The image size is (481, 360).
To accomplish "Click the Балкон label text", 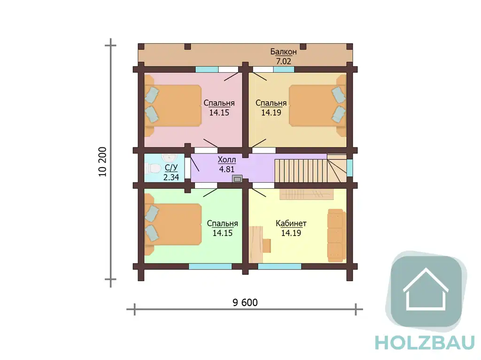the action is click(283, 52).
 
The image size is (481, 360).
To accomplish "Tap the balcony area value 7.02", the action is click(283, 61).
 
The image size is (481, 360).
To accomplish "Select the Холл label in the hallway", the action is click(227, 160).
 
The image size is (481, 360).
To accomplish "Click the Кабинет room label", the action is click(291, 223).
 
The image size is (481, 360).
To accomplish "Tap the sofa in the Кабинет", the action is click(336, 236).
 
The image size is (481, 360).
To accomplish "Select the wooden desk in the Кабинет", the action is click(256, 245).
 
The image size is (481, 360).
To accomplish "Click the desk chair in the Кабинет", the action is click(267, 245).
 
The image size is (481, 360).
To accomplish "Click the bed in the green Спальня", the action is click(173, 225).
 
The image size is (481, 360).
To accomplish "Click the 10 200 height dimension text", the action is click(102, 162).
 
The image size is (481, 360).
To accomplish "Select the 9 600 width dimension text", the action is click(245, 303).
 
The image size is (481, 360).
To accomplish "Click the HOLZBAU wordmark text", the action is click(425, 343).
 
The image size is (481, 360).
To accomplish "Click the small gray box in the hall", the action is click(237, 179).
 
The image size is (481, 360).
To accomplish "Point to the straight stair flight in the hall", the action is click(301, 171).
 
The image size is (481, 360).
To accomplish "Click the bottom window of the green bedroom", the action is click(210, 267).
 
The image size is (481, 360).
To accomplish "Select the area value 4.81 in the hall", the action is click(227, 169).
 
